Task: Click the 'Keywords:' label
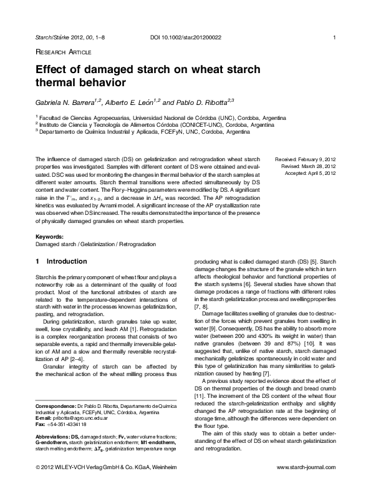point(50,237)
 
